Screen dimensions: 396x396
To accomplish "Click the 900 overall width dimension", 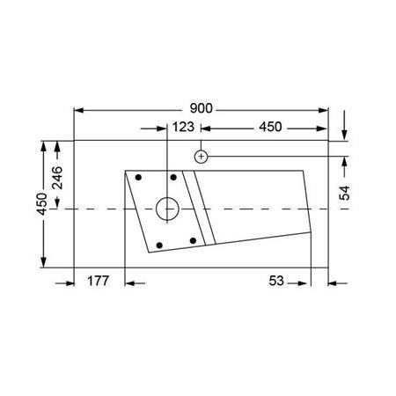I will pyautogui.click(x=202, y=109).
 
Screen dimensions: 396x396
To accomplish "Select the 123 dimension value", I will pyautogui.click(x=183, y=128).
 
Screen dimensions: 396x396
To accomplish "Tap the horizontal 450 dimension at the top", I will pyautogui.click(x=269, y=128).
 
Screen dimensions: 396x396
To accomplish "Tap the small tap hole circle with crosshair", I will pyautogui.click(x=202, y=157).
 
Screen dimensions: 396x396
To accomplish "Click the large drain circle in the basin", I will pyautogui.click(x=166, y=209).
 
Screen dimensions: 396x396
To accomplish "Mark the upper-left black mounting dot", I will pyautogui.click(x=138, y=177).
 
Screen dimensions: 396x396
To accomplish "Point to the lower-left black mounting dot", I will pyautogui.click(x=158, y=244).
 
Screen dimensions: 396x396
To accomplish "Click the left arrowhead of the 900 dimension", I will pyautogui.click(x=77, y=110).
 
